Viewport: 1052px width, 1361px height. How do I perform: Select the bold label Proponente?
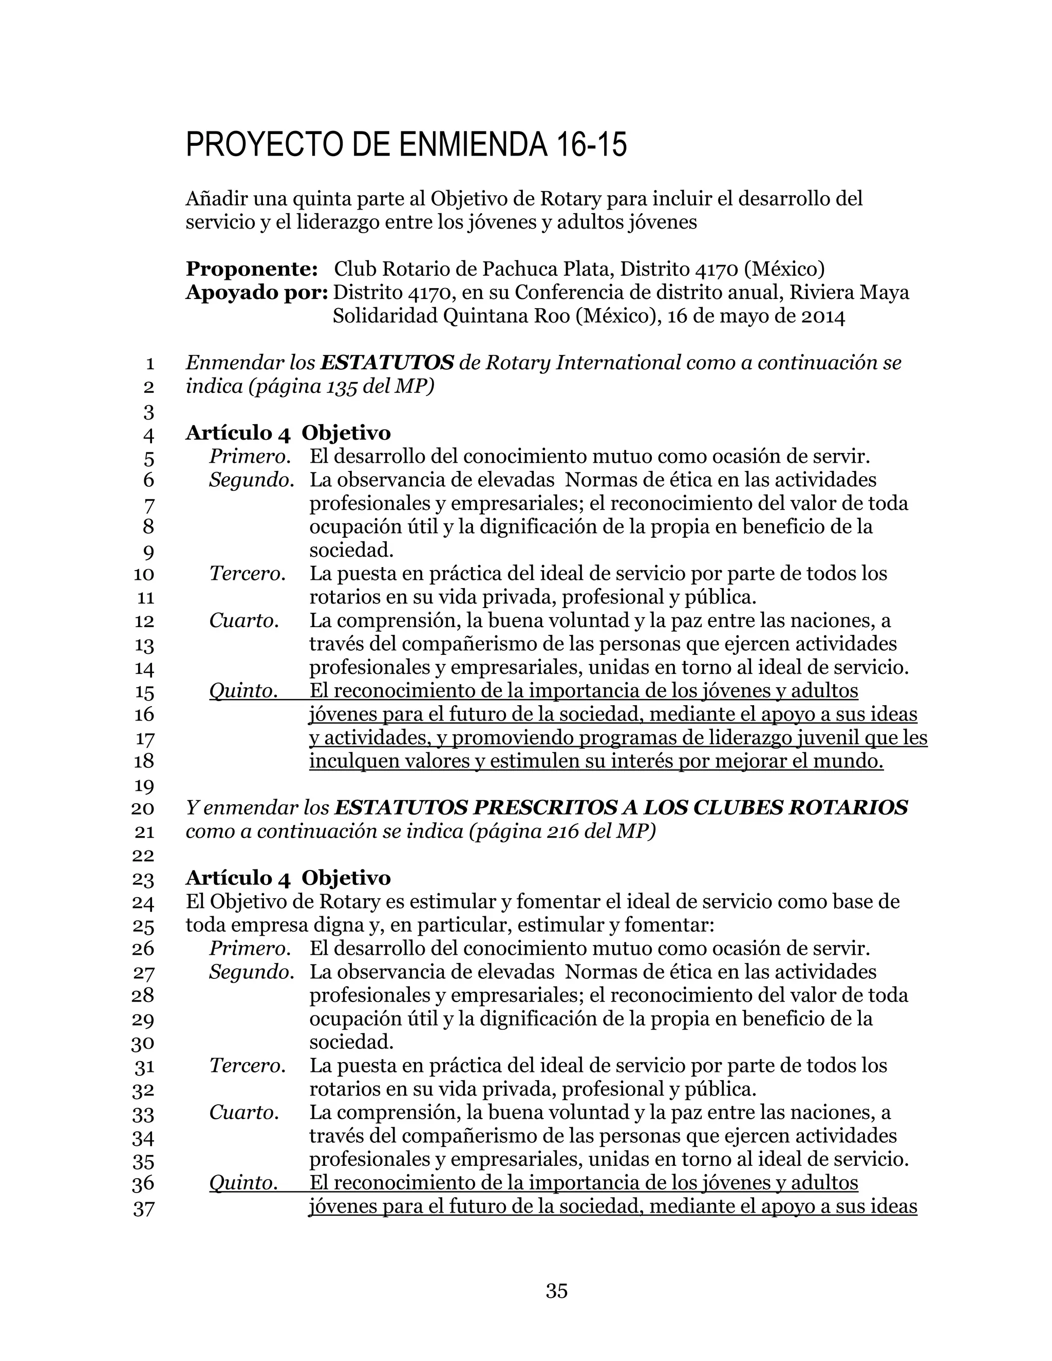tap(252, 269)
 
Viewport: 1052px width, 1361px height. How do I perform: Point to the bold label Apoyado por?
tap(256, 292)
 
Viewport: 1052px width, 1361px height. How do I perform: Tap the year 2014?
tap(819, 316)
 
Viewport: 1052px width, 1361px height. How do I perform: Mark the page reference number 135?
tap(342, 386)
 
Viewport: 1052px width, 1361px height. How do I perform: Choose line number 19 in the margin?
tap(144, 785)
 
